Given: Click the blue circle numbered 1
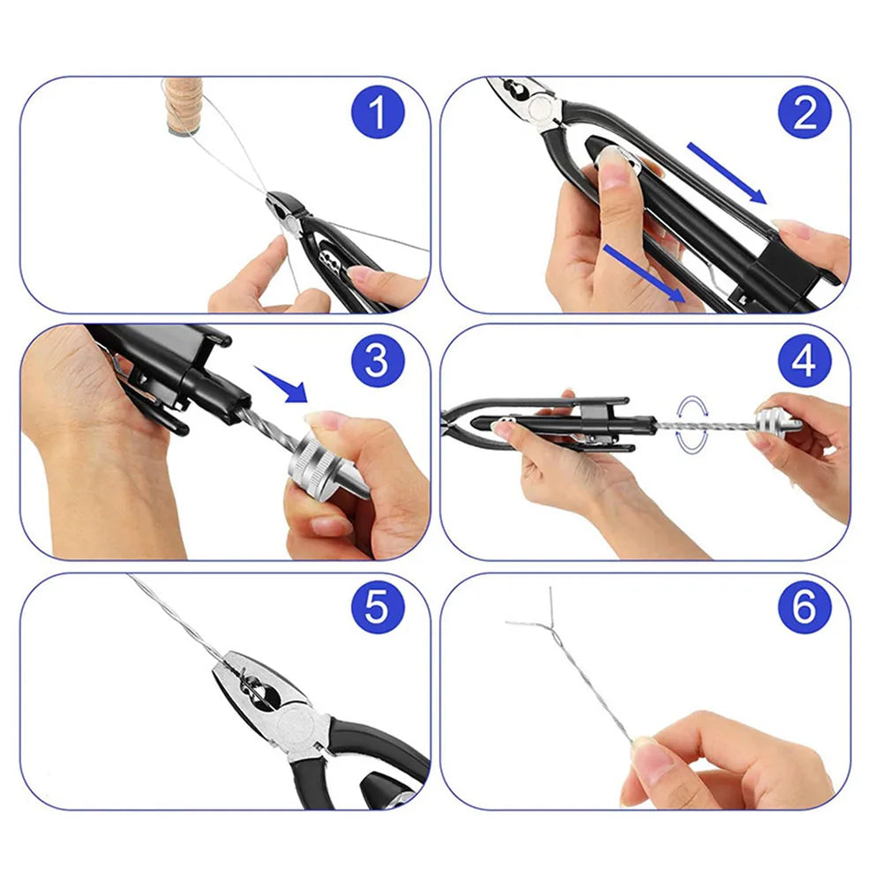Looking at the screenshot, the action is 378,112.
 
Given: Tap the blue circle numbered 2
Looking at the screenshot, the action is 804,112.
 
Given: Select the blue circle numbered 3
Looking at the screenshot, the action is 378,361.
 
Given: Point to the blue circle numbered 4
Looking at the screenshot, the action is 804,361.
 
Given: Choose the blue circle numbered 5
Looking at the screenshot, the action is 378,608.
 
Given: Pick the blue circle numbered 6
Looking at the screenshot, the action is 804,608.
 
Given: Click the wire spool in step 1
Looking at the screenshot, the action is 183,105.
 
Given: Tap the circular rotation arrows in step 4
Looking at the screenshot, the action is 692,425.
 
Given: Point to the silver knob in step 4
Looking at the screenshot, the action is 778,423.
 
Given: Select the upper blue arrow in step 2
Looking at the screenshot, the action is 727,173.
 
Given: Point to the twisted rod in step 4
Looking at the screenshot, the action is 707,424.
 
